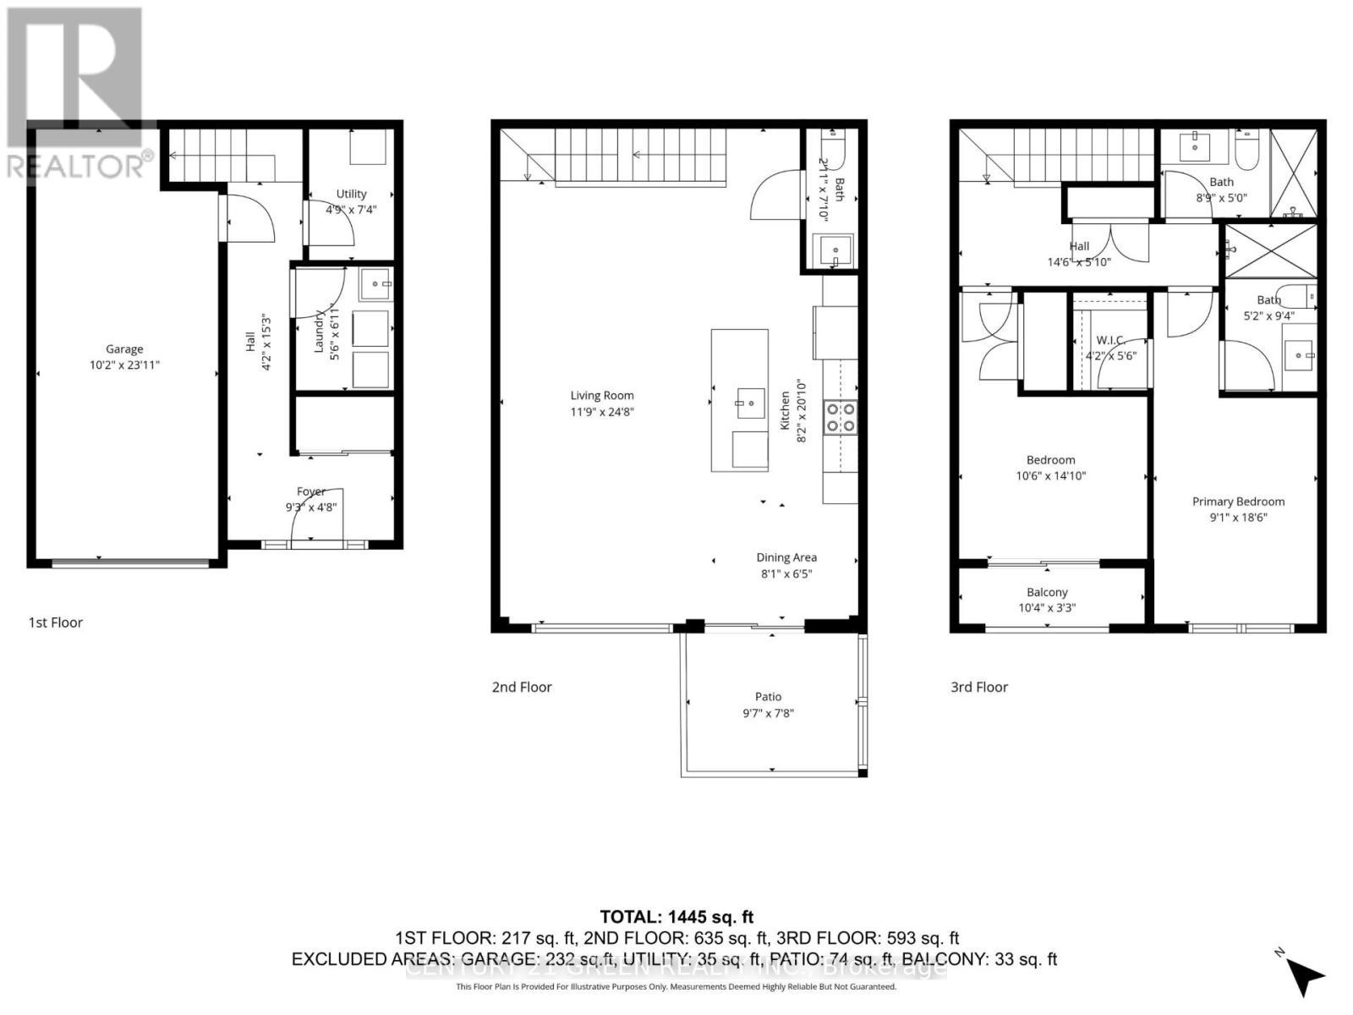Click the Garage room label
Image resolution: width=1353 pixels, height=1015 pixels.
124,348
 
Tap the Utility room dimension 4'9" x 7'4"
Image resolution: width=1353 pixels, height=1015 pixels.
351,210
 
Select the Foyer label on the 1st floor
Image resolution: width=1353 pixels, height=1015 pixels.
311,491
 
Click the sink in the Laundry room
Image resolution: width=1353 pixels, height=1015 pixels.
375,285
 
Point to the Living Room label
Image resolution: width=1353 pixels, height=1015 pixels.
601,395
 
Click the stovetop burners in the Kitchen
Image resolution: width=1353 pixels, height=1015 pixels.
841,417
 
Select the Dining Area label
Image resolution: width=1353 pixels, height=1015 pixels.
786,557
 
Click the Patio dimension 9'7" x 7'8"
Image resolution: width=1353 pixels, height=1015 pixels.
768,713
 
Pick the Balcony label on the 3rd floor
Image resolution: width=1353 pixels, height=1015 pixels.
1047,592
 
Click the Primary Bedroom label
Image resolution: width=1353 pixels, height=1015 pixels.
1238,502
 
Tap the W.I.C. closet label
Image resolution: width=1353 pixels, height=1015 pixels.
1110,340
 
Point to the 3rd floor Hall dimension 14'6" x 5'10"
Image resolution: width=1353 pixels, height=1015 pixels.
1079,262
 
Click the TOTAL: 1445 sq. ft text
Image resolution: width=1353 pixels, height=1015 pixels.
676,917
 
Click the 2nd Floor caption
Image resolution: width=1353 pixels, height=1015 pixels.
522,687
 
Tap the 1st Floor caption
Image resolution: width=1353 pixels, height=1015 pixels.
56,623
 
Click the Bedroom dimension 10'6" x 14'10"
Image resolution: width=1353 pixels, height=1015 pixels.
1050,475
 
